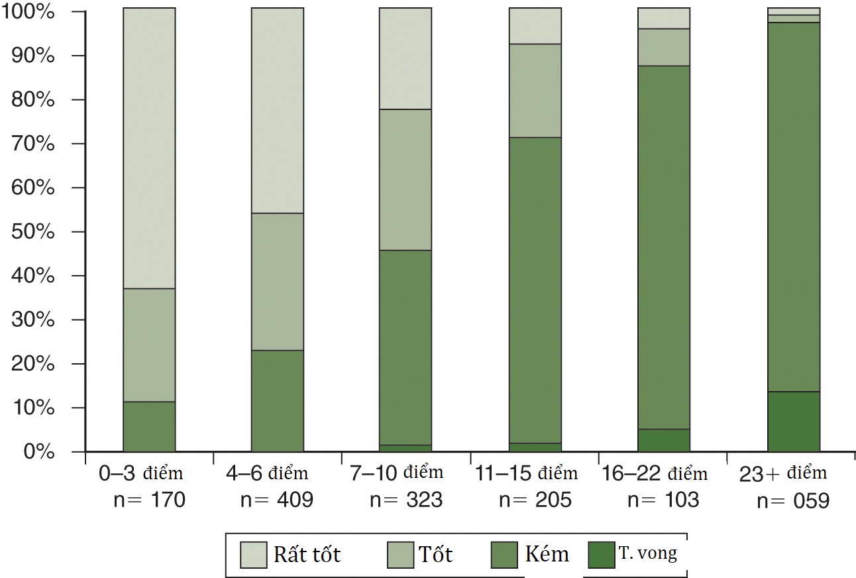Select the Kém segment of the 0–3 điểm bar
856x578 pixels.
(x=149, y=426)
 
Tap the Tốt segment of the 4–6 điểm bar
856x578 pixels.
(x=277, y=282)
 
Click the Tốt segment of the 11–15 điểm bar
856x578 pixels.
(x=535, y=90)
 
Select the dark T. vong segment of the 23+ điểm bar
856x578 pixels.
(x=793, y=422)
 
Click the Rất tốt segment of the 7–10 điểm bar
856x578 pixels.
(x=405, y=58)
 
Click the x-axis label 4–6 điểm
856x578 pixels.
(x=267, y=474)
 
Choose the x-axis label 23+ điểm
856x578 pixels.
(x=784, y=473)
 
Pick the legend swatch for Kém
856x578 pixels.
(x=505, y=554)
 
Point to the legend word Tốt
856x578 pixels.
(x=435, y=553)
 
